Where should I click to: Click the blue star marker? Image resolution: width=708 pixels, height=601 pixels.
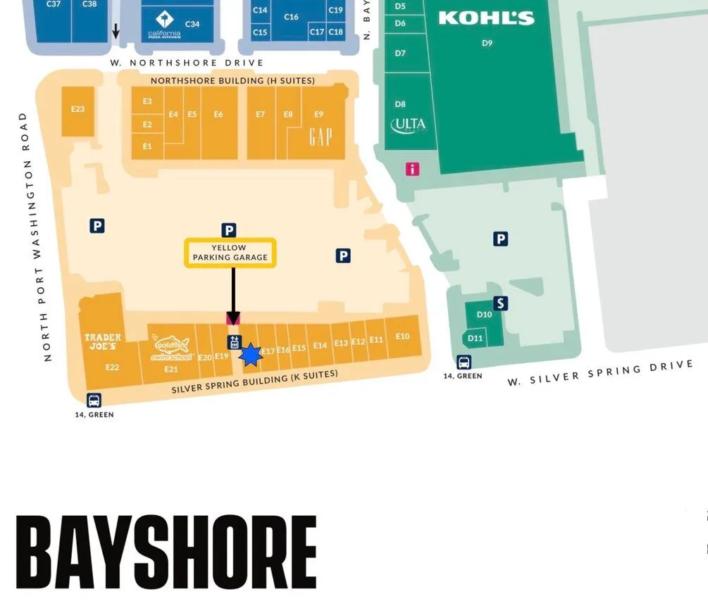(x=250, y=355)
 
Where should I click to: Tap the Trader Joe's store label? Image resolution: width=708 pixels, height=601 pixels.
(x=103, y=342)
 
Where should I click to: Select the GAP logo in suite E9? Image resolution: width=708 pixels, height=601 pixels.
(x=320, y=137)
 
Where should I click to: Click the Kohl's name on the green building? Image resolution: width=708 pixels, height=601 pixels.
(x=485, y=18)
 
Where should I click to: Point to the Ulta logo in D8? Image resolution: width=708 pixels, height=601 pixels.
(x=409, y=125)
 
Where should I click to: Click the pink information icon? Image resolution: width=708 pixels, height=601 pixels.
(x=412, y=169)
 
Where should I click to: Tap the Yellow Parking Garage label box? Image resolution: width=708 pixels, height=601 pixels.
(x=230, y=253)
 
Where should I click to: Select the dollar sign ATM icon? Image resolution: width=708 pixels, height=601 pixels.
(x=501, y=303)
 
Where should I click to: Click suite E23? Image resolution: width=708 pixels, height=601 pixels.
(x=77, y=109)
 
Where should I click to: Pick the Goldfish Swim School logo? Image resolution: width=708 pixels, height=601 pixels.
(x=170, y=348)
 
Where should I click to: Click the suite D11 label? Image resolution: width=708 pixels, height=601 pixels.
(x=476, y=339)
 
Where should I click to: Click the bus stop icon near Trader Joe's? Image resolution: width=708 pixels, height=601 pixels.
(x=94, y=400)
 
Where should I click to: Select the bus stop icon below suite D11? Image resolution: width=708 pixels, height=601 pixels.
(x=464, y=362)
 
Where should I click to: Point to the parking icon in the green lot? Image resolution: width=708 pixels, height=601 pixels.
(x=500, y=239)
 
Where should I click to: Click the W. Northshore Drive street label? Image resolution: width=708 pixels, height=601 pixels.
(x=187, y=63)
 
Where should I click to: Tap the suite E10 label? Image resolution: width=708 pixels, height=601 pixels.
(x=402, y=336)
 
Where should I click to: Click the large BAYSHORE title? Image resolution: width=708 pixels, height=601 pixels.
(x=166, y=555)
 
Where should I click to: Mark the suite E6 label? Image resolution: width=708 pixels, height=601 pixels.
(x=218, y=114)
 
